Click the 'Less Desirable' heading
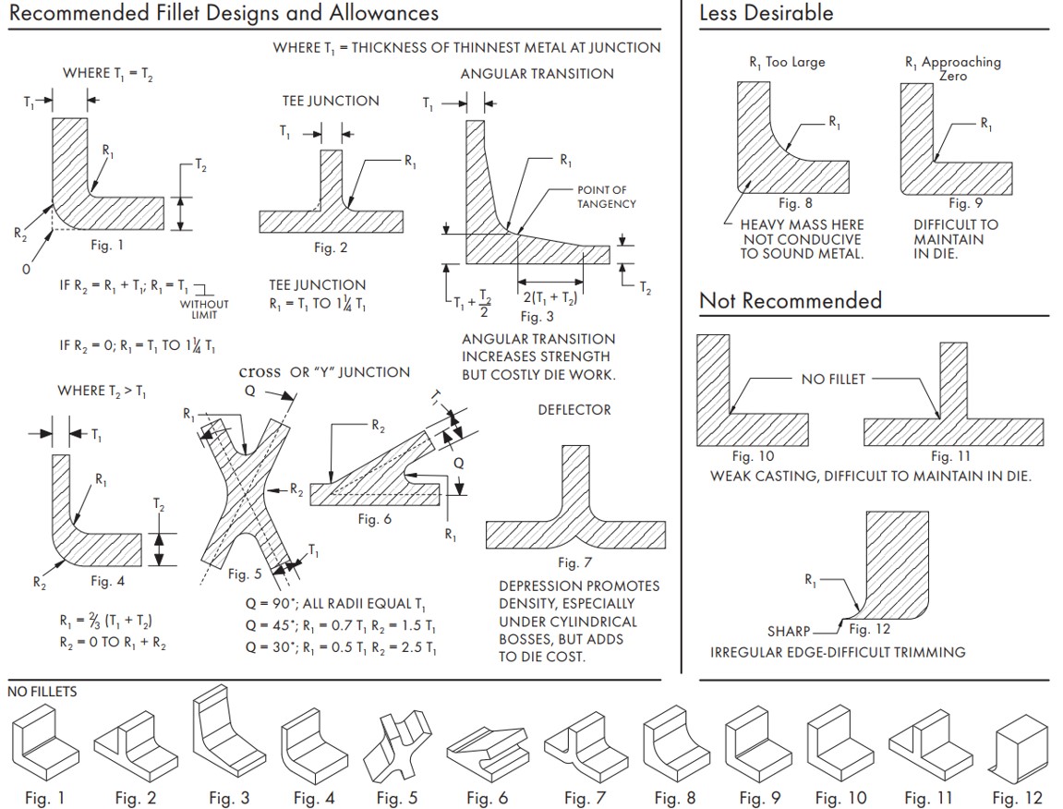[766, 13]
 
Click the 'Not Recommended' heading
[790, 300]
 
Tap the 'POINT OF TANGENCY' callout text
[606, 197]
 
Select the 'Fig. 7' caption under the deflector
[574, 562]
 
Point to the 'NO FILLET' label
[832, 379]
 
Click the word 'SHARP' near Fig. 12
[788, 632]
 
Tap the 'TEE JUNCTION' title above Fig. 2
[330, 101]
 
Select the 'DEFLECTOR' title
[574, 409]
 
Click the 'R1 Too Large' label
[786, 62]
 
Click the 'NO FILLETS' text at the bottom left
[42, 692]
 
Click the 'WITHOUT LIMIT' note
[203, 309]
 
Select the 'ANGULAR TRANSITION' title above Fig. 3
[537, 74]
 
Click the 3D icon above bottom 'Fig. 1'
[44, 743]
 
